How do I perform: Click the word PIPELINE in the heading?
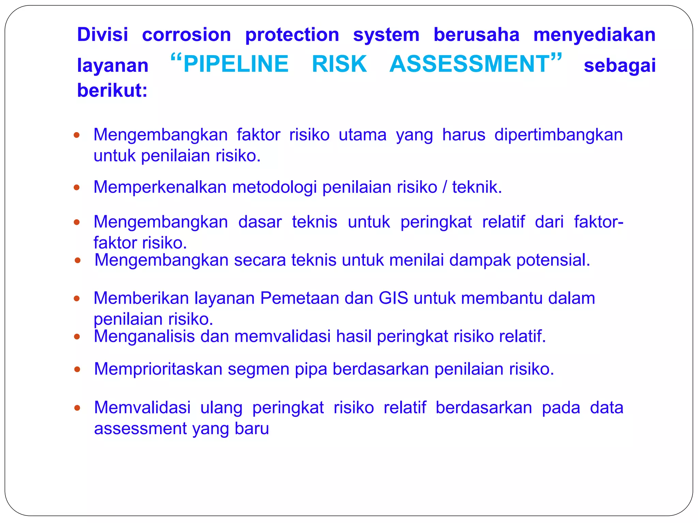236,64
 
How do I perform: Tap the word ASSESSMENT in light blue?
470,64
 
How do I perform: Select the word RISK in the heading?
339,64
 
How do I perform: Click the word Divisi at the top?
103,35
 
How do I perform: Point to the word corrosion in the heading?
186,35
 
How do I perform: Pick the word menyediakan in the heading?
594,35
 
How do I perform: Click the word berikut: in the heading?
112,91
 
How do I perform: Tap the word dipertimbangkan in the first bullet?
558,135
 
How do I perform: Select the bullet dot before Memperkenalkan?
77,187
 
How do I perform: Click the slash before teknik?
444,187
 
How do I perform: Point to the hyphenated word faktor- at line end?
598,222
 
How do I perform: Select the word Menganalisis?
144,336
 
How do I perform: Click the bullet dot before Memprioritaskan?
77,369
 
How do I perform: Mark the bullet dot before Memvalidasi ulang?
77,408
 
